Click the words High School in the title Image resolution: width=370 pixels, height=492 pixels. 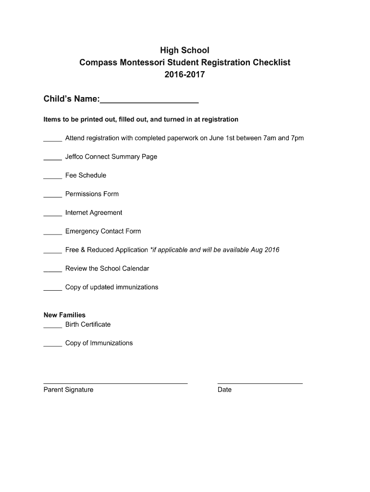[185, 50]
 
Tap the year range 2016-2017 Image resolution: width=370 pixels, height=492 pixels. [185, 75]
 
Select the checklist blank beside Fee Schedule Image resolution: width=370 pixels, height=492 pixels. [52, 178]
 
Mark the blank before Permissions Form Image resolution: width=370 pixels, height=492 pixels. [52, 197]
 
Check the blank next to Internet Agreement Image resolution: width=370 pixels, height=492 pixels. [52, 215]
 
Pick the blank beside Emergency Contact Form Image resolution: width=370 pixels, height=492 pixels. [52, 234]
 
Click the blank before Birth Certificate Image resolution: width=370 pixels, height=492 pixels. [52, 327]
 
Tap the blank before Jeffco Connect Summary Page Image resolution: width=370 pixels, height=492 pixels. [52, 160]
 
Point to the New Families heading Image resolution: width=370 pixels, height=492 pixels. [64, 315]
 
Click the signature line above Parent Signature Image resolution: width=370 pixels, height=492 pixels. [115, 383]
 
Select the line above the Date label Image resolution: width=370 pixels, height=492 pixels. [260, 383]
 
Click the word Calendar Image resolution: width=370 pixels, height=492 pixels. [136, 269]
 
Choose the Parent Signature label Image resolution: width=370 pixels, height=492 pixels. [68, 390]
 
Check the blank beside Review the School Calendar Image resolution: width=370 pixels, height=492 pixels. [52, 271]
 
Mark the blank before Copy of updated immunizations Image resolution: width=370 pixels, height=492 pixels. [52, 290]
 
